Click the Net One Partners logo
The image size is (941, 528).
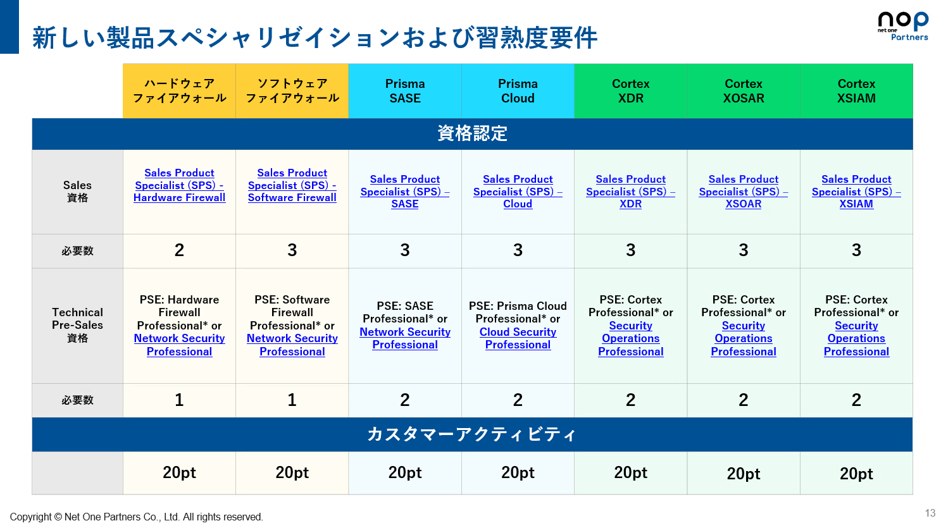903,26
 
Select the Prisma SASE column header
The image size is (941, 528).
405,90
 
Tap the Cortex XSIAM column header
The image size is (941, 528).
856,90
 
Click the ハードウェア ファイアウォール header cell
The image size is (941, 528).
179,90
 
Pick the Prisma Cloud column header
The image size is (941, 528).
518,90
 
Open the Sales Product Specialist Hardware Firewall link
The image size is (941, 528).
179,185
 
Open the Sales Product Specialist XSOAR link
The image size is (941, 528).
743,192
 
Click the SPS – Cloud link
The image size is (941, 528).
518,192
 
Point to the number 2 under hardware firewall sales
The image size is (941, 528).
179,250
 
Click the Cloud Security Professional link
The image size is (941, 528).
518,338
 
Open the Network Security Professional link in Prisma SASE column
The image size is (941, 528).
405,338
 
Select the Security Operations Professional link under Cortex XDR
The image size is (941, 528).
630,338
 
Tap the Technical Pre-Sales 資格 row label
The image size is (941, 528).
77,325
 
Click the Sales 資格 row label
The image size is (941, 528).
77,192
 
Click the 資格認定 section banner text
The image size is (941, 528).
472,133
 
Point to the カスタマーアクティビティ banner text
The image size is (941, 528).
471,434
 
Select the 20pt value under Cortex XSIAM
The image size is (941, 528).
856,474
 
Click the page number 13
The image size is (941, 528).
930,513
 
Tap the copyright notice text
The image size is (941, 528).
137,517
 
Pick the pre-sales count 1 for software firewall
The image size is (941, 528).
292,400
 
